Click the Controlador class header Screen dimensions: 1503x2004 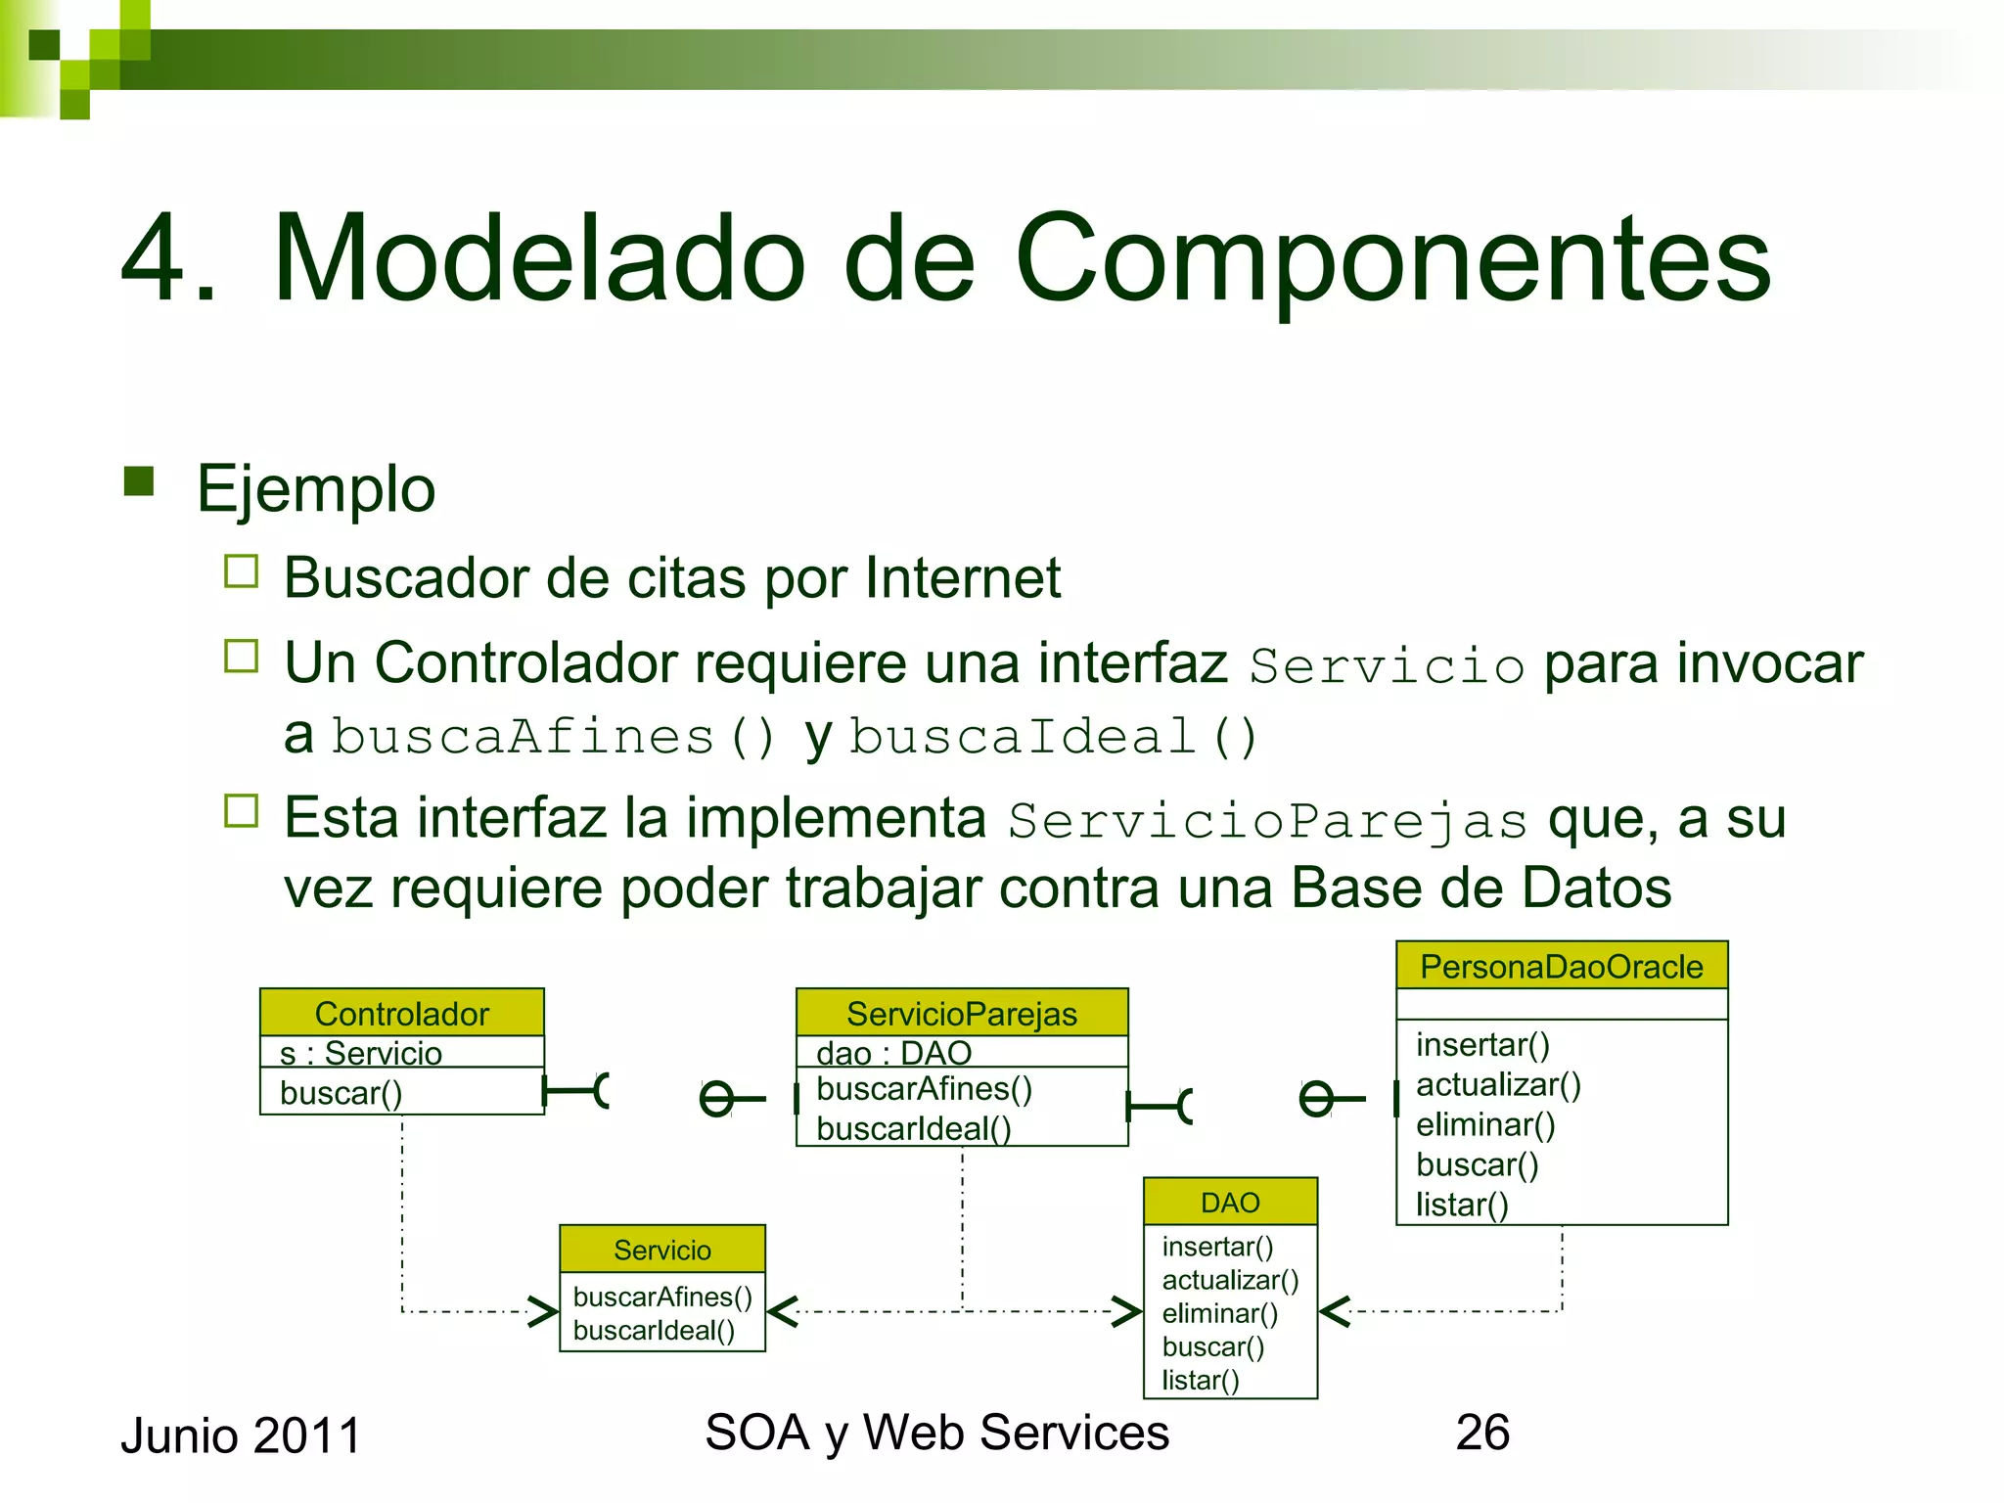401,1013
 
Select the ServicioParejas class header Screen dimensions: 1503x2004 961,1013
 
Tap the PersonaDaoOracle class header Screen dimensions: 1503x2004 1561,966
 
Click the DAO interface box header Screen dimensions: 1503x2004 1230,1202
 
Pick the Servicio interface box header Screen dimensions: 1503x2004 661,1250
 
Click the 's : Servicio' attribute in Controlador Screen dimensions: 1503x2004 360,1053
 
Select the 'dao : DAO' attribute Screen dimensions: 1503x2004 892,1053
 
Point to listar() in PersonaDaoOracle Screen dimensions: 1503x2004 1461,1205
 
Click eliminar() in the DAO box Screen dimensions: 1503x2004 1219,1313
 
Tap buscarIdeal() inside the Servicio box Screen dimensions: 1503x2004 654,1331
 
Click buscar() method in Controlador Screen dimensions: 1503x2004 341,1093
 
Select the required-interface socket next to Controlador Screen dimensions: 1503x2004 599,1090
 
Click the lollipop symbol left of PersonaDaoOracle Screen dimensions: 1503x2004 1317,1100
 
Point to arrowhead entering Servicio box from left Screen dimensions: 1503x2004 544,1311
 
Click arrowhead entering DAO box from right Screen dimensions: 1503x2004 1335,1311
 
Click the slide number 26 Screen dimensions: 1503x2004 1481,1433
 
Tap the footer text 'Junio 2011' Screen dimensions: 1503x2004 241,1436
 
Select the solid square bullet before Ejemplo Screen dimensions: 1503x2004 139,481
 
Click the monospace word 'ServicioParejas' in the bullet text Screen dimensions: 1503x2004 1267,820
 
